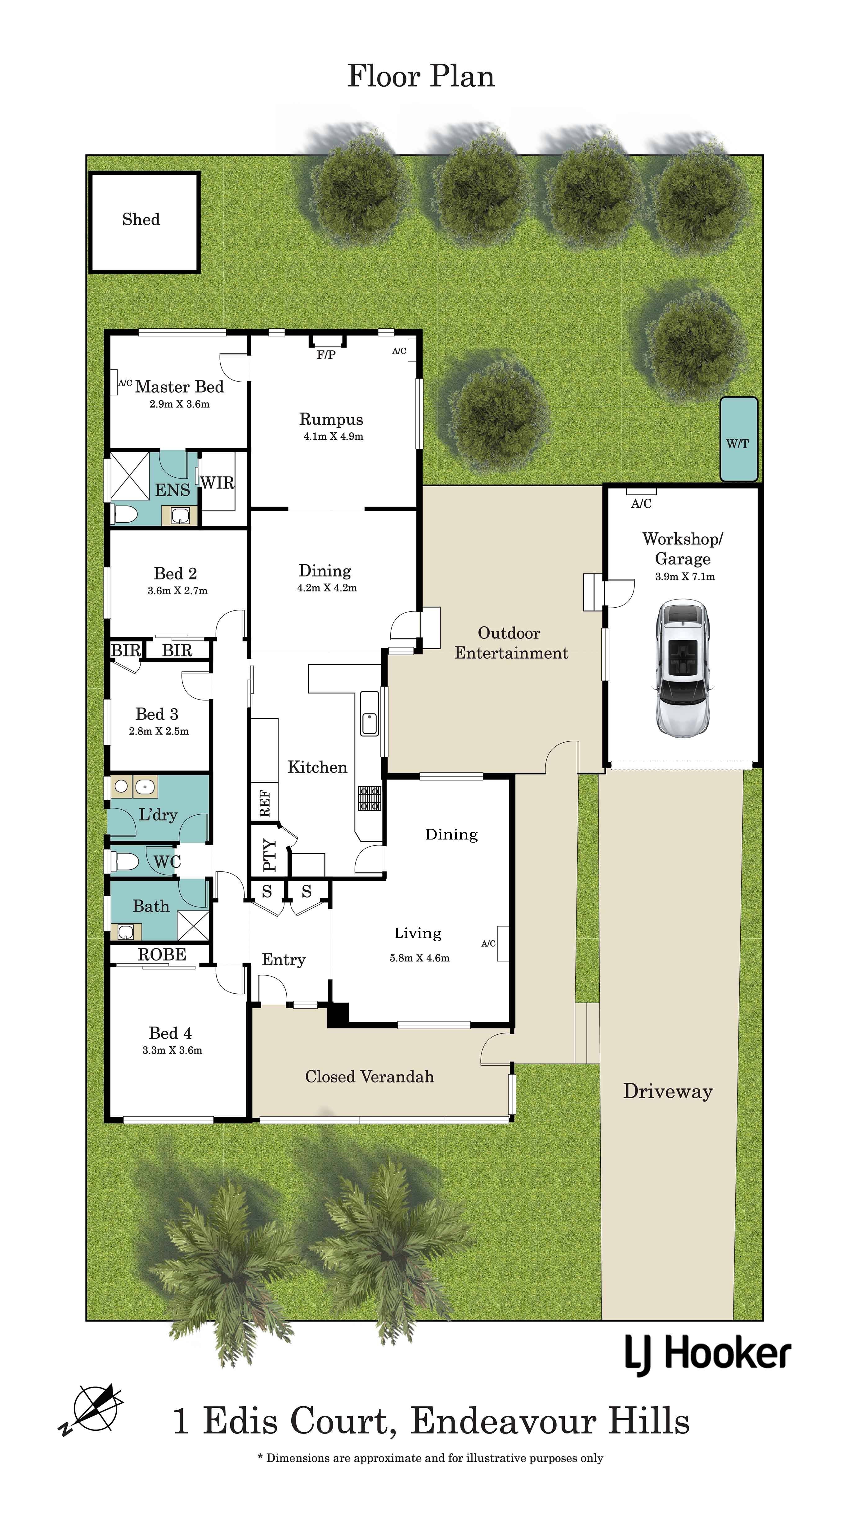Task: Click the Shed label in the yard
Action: (x=141, y=220)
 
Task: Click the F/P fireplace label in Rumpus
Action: (x=326, y=355)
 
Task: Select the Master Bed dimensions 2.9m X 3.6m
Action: (x=179, y=404)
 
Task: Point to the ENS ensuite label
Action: (x=172, y=490)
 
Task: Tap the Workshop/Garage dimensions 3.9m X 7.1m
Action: (x=684, y=576)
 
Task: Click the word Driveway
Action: (x=667, y=1091)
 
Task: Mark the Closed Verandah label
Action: (x=370, y=1076)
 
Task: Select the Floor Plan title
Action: (x=420, y=76)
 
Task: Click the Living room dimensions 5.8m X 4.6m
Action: (x=419, y=958)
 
